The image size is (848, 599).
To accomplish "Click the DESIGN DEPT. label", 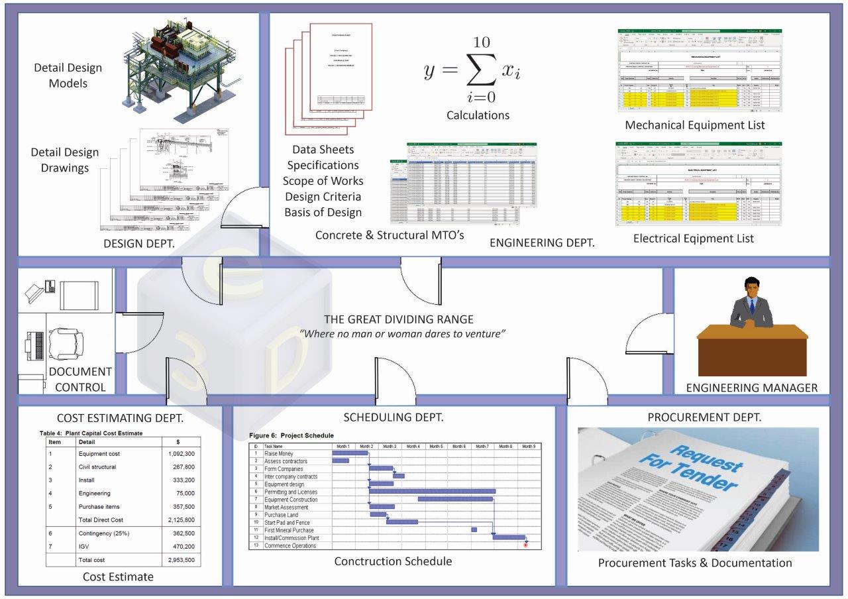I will (x=139, y=244).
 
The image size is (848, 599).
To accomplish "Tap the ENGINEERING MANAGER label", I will (x=751, y=388).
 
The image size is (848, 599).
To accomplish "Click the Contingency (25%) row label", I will (x=103, y=533).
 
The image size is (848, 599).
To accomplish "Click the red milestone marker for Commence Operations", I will (x=525, y=545).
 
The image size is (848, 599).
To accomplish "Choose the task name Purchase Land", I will (x=281, y=515).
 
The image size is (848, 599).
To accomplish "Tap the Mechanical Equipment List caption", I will (x=694, y=125).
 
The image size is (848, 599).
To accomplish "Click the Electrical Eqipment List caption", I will (x=693, y=238).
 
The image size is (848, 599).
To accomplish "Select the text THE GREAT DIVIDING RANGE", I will (x=398, y=319).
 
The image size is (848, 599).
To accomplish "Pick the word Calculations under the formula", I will (x=478, y=115).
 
